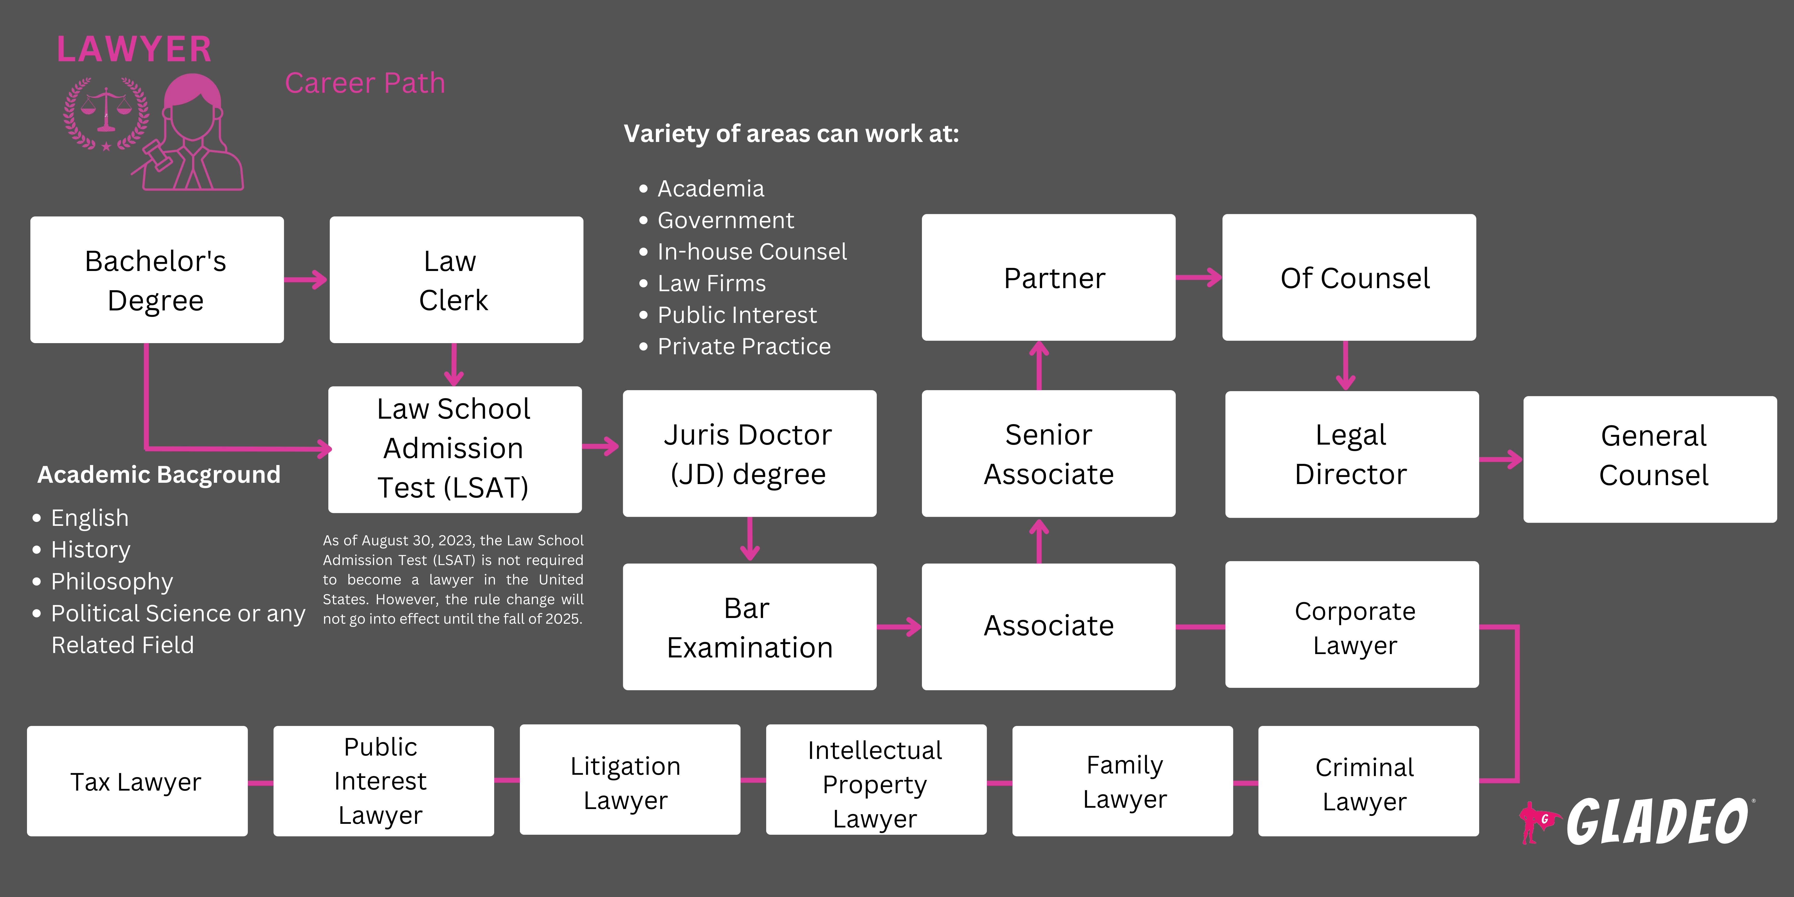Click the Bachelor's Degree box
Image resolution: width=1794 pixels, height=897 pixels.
(157, 280)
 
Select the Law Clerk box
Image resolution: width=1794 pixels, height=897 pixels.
(456, 280)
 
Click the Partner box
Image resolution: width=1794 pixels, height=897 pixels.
(1048, 277)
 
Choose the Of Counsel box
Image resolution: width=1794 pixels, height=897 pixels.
(1349, 277)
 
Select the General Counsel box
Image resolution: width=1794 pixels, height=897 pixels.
(1650, 459)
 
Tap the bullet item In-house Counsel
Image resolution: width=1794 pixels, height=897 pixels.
(752, 252)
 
